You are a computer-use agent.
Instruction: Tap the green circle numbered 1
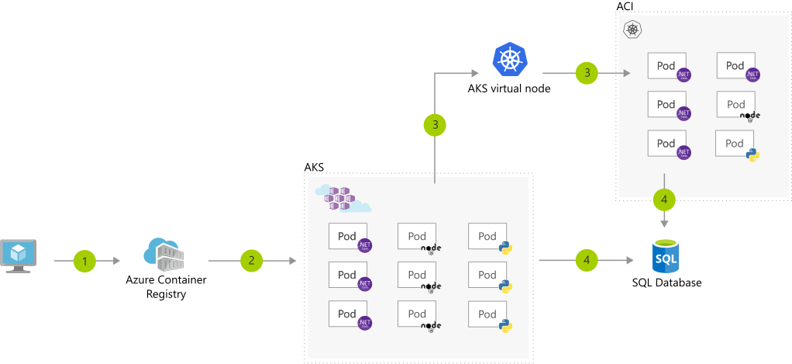pos(85,262)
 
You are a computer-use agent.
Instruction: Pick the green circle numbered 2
pos(252,262)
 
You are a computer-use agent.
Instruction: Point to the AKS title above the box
pos(314,167)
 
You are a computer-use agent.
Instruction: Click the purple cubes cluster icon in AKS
pos(342,198)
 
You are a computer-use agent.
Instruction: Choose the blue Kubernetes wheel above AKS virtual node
pos(509,61)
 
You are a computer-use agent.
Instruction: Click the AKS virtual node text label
pos(509,88)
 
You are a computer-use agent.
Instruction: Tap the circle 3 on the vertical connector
pos(436,124)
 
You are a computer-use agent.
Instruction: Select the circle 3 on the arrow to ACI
pos(587,73)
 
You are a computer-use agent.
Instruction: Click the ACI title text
pos(625,7)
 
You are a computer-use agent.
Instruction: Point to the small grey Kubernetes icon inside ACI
pos(633,30)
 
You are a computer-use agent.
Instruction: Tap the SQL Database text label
pos(666,283)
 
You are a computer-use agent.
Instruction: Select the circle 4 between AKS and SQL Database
pos(587,262)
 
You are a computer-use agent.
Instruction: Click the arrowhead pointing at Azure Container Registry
pos(117,262)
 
